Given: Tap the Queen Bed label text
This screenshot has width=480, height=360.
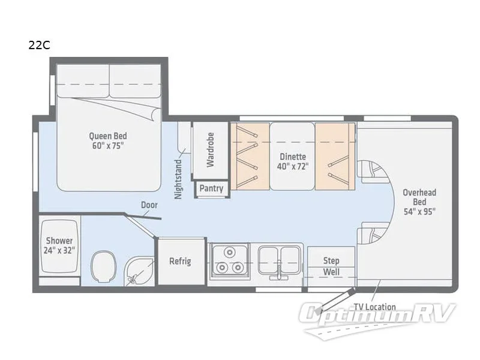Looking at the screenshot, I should [108, 140].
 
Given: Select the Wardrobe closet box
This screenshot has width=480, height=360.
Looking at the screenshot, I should [210, 150].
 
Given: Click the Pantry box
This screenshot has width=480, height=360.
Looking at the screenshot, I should [211, 188].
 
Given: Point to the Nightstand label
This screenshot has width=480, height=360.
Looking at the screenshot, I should [178, 179].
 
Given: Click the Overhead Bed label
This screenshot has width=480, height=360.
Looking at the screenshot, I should [419, 202].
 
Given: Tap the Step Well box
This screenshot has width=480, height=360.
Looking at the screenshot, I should [331, 266].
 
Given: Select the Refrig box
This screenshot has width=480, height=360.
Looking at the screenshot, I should [180, 262].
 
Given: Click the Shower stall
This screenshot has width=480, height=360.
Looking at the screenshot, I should [59, 246].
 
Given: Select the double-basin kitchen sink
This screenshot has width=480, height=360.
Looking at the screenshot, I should [280, 260].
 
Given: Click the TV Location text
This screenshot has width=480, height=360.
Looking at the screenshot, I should [374, 307].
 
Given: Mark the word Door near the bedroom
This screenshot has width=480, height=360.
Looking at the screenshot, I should [149, 205].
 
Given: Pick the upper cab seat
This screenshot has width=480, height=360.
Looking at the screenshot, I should [373, 172].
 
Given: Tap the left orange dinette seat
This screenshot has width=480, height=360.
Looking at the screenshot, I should [249, 156].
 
